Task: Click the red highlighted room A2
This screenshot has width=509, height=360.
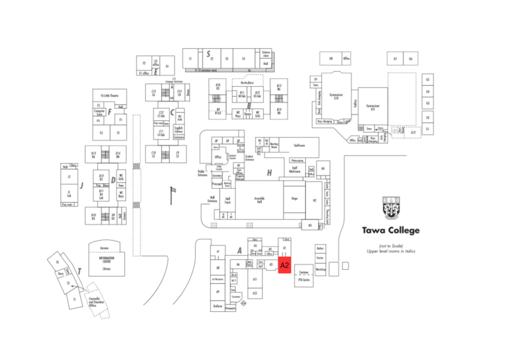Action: [284, 266]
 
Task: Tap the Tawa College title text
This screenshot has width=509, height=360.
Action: [390, 230]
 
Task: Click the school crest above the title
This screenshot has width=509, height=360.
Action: [391, 208]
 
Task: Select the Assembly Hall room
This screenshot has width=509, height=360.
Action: [258, 199]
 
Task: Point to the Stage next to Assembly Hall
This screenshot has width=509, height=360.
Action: [294, 198]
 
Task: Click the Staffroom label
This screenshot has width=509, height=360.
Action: [299, 146]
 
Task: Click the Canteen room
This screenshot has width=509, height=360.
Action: [304, 272]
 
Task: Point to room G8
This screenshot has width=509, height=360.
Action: [330, 59]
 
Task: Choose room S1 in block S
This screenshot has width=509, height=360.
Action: [190, 59]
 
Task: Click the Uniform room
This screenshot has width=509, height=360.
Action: [217, 306]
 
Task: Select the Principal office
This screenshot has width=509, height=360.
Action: [217, 184]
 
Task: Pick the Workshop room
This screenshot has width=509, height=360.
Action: [321, 270]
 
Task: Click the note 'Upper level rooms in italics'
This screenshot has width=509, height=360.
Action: [390, 251]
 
